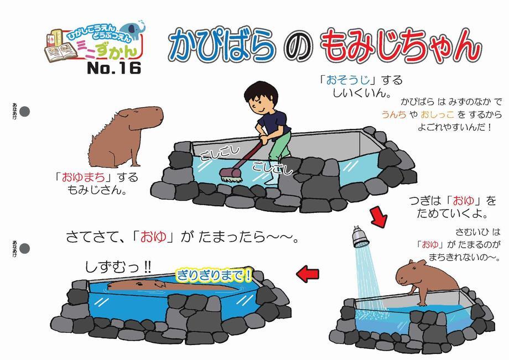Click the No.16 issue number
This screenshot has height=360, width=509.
click(x=114, y=68)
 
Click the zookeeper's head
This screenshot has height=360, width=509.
click(x=260, y=97)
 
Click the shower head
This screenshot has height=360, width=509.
click(x=359, y=237)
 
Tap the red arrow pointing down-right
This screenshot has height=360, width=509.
click(x=378, y=217)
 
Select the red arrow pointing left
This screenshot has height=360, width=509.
click(x=308, y=273)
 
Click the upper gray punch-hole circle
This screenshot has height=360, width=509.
click(x=25, y=112)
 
